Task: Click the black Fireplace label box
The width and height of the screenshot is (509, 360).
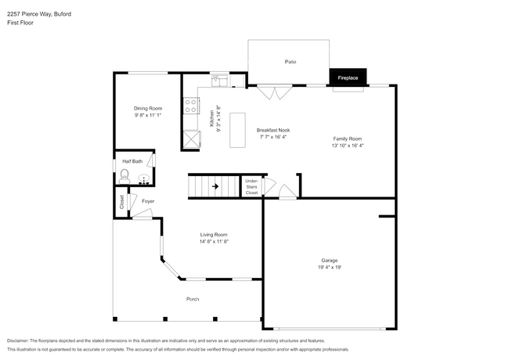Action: pos(348,78)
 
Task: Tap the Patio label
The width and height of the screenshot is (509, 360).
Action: pos(291,61)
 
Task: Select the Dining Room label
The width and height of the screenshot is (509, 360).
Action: pos(147,108)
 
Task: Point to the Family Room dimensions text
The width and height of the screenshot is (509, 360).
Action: pos(348,146)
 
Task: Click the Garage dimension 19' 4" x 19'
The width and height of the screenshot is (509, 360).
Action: pos(330,267)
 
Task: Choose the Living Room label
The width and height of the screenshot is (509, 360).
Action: pos(214,234)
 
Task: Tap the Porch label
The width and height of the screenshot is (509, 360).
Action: pos(192,300)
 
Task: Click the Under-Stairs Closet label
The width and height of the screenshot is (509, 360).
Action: pos(251,186)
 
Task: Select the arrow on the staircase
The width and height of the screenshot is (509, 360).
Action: pos(215,186)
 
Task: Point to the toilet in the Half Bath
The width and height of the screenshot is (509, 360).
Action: pos(124,178)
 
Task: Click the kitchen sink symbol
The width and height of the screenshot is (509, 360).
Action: pos(218,78)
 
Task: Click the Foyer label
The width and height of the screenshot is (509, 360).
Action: pos(148,202)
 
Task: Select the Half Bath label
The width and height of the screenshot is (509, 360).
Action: pos(132,161)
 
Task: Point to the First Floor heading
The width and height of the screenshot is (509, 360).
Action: pos(20,23)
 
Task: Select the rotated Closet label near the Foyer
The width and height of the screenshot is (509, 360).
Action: pos(122,202)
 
